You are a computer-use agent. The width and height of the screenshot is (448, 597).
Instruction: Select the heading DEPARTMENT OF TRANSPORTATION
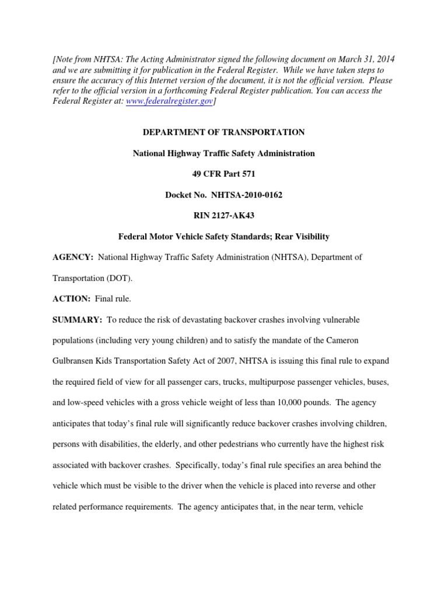pos(224,132)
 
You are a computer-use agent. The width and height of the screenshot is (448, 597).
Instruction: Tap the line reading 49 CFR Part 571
pos(224,174)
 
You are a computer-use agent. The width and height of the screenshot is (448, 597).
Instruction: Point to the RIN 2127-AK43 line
pos(224,216)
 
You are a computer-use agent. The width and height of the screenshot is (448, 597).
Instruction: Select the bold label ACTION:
pos(72,299)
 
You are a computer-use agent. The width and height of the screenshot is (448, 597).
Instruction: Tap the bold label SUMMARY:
pos(78,320)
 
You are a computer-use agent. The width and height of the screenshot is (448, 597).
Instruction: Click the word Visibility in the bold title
pos(308,237)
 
